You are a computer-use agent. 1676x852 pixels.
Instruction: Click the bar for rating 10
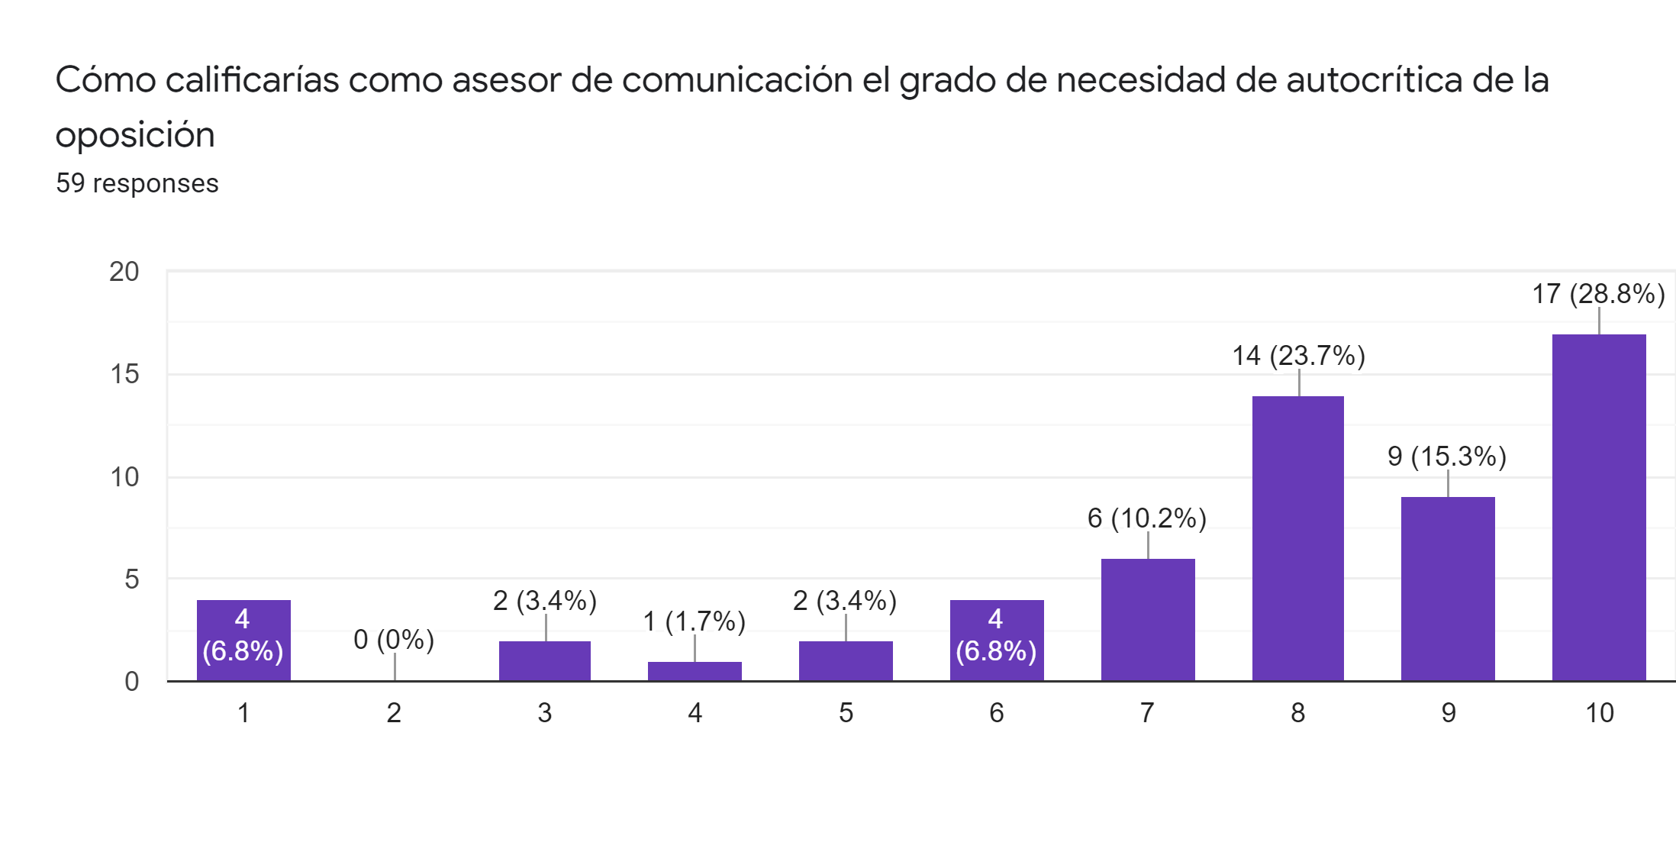(1599, 507)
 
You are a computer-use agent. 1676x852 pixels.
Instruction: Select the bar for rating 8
(1297, 538)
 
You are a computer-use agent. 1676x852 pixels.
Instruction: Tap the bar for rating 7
(1148, 619)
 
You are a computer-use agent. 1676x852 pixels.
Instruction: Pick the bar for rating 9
(1448, 589)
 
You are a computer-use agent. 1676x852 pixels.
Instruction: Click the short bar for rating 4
(695, 671)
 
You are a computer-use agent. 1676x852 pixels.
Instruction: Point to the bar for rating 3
(545, 660)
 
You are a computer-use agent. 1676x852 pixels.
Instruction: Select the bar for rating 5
(846, 660)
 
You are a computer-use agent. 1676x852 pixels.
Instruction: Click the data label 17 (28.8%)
(1598, 294)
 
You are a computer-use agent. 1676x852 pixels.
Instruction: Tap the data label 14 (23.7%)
(1298, 356)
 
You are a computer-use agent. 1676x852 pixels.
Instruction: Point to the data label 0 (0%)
(394, 640)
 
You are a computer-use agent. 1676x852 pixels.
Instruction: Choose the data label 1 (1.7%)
(694, 621)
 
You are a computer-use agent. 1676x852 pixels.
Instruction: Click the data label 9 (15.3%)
(1447, 457)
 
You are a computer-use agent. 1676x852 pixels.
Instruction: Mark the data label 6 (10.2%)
(1147, 518)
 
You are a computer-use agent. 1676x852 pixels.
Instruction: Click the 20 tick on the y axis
(124, 272)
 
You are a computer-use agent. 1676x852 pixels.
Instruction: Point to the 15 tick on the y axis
(124, 374)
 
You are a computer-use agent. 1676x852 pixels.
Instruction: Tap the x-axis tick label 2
(394, 713)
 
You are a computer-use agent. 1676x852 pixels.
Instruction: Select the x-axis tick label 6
(997, 713)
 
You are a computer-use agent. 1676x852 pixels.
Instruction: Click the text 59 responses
(137, 183)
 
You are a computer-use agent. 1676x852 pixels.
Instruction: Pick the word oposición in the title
(135, 136)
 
